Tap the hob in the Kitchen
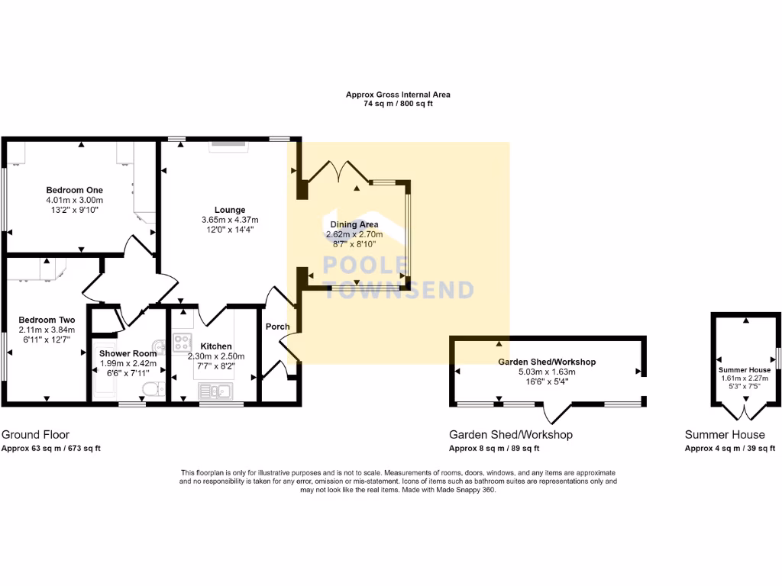point(182,341)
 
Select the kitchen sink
point(215,391)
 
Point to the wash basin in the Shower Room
point(158,346)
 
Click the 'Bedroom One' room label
point(74,190)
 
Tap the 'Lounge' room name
point(229,210)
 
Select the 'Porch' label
point(277,327)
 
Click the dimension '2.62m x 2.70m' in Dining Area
point(354,235)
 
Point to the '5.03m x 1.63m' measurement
point(547,372)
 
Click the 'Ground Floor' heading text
point(35,435)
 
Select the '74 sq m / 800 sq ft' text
point(398,104)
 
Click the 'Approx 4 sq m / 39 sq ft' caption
point(730,449)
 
